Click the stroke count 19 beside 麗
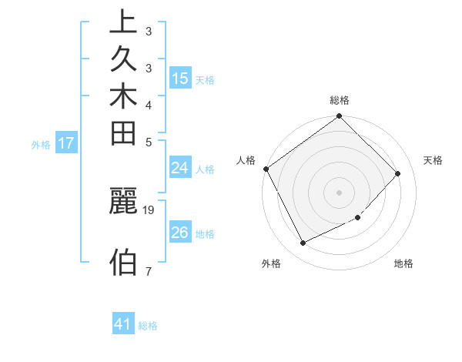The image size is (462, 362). [149, 209]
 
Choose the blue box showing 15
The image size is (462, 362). [180, 79]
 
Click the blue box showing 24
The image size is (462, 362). [180, 169]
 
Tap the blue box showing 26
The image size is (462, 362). [180, 233]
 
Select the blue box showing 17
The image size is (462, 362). [66, 143]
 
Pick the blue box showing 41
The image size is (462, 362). [124, 325]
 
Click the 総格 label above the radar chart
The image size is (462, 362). [340, 100]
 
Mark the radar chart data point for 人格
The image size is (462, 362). [266, 169]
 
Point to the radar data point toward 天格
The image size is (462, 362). [397, 173]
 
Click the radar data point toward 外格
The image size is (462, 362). [303, 243]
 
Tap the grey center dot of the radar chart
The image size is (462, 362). [340, 192]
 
